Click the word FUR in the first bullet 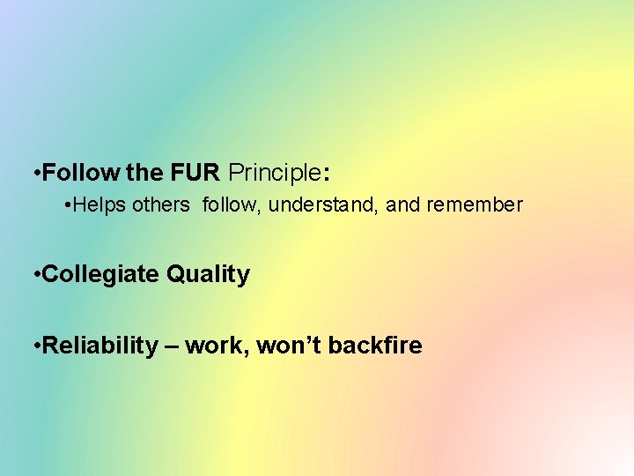click(203, 170)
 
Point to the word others click(161, 205)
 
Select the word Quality click(208, 275)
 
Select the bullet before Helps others click(68, 205)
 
